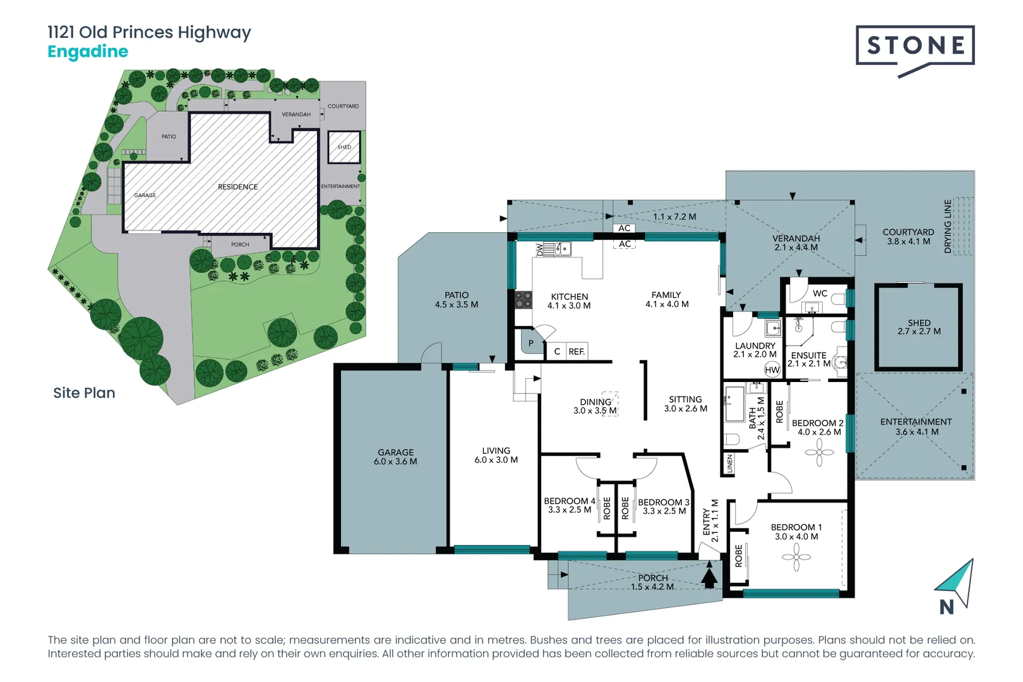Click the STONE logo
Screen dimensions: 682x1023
pyautogui.click(x=915, y=46)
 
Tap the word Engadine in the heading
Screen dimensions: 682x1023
pyautogui.click(x=88, y=52)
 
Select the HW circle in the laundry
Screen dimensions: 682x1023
pyautogui.click(x=772, y=369)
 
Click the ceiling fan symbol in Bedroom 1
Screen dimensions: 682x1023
pyautogui.click(x=796, y=557)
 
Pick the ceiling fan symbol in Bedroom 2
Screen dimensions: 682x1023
pyautogui.click(x=819, y=452)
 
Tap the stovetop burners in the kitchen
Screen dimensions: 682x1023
pyautogui.click(x=523, y=299)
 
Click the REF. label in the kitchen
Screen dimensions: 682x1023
pyautogui.click(x=576, y=352)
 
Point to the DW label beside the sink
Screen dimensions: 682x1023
pyautogui.click(x=539, y=249)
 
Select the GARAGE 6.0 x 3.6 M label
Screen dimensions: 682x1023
pyautogui.click(x=395, y=457)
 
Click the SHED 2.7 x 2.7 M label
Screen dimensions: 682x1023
pyautogui.click(x=919, y=326)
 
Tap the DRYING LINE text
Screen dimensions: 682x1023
pyautogui.click(x=947, y=226)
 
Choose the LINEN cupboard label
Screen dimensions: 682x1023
pyautogui.click(x=729, y=464)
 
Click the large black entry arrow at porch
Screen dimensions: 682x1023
pyautogui.click(x=709, y=577)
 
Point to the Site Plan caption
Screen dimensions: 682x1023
pyautogui.click(x=84, y=393)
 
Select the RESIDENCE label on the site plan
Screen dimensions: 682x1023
pyautogui.click(x=237, y=187)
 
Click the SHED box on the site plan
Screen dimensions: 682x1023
pyautogui.click(x=344, y=147)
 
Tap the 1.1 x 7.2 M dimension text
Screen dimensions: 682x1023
pyautogui.click(x=674, y=217)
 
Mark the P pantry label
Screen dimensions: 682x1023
pyautogui.click(x=531, y=344)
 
